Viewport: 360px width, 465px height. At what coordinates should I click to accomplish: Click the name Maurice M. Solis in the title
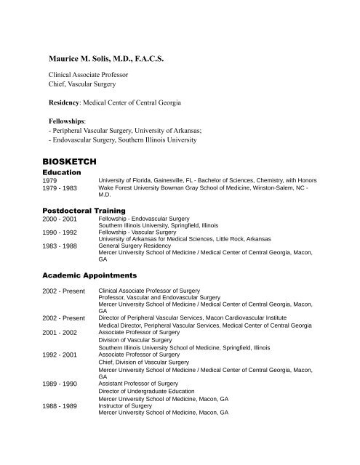pos(83,55)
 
